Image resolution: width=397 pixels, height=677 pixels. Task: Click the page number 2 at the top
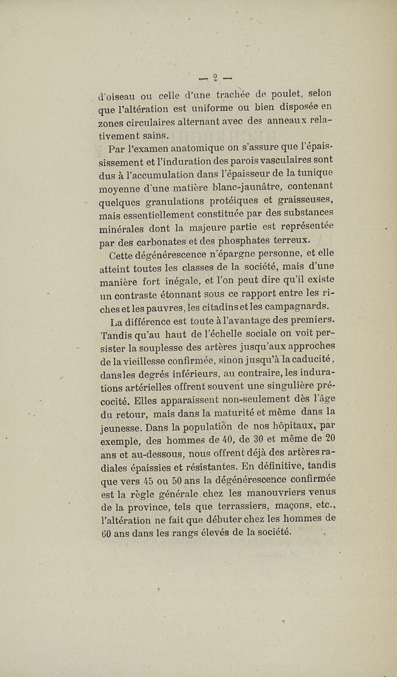point(215,77)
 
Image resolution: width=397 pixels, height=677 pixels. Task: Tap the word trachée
point(233,95)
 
